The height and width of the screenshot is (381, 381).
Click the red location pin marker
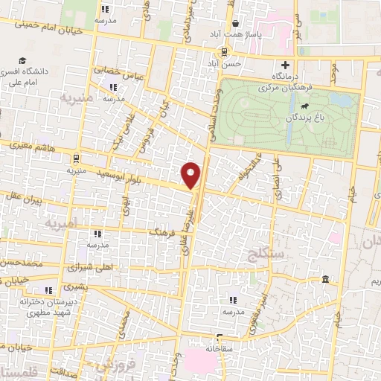point(192,174)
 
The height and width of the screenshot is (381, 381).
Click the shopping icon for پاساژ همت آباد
point(234,22)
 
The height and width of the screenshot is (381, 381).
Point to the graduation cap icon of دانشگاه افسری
point(23,60)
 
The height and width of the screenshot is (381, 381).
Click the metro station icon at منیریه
point(76,157)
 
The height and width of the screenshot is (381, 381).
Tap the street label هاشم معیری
point(27,146)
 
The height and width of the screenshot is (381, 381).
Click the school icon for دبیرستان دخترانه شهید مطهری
point(48,289)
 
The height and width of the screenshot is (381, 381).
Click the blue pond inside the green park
point(341,97)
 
